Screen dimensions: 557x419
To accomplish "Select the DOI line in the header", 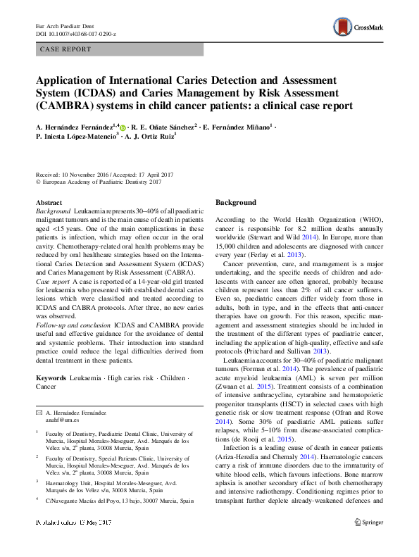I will (x=76, y=34).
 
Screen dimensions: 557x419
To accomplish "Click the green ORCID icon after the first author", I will (x=123, y=128).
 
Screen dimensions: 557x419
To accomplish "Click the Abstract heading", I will (x=49, y=202).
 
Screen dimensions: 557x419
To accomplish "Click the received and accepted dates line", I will (x=99, y=174).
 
